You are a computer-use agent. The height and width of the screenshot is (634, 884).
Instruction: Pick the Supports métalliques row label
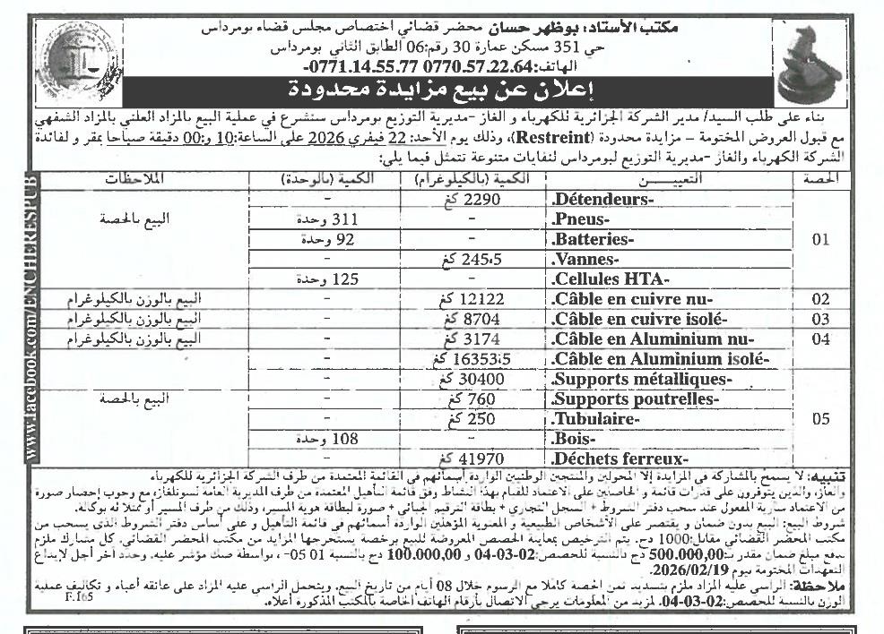click(x=644, y=379)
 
